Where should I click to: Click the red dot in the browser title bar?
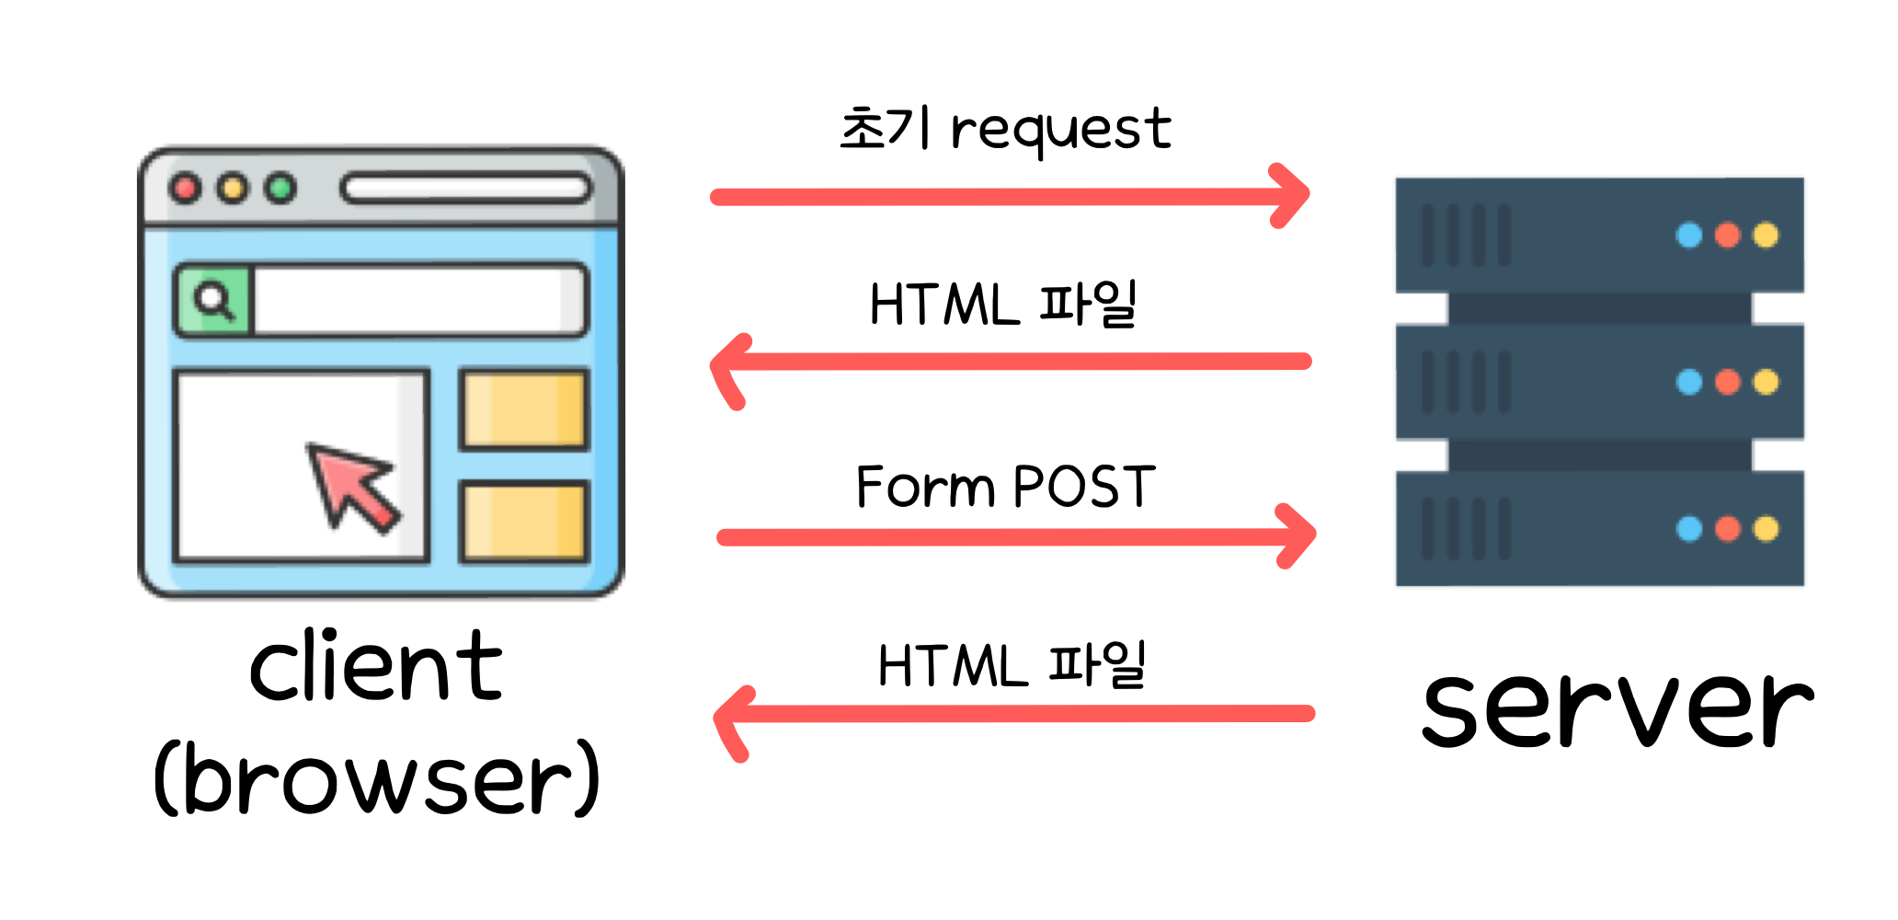point(186,189)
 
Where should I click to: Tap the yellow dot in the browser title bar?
point(233,189)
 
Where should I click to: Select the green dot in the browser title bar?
point(280,189)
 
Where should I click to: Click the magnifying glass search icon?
point(213,300)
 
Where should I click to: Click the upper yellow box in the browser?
point(523,409)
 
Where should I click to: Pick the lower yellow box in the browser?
point(523,522)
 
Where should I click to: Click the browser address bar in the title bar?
point(465,189)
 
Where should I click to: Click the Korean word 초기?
point(886,129)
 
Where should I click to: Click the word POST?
point(1083,487)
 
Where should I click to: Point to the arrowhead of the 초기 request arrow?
point(1292,195)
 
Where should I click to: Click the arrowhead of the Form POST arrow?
point(1298,535)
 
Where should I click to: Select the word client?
point(375,667)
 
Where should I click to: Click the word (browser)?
point(377,780)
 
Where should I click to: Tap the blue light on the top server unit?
point(1689,236)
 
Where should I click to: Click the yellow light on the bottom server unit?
point(1766,529)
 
